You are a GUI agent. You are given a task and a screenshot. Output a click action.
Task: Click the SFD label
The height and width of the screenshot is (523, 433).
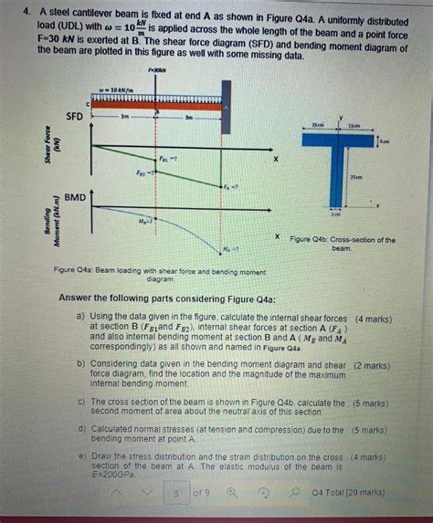click(x=75, y=116)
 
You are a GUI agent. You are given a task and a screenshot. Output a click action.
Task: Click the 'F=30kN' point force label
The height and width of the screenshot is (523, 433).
click(x=155, y=69)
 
